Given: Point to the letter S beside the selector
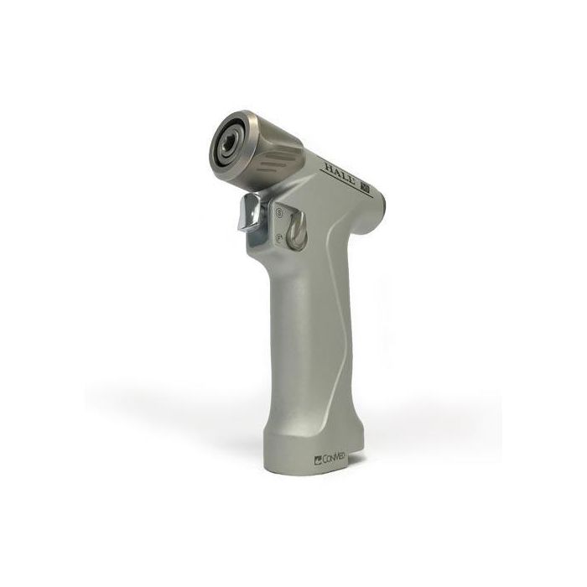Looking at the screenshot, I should [x=278, y=215].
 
